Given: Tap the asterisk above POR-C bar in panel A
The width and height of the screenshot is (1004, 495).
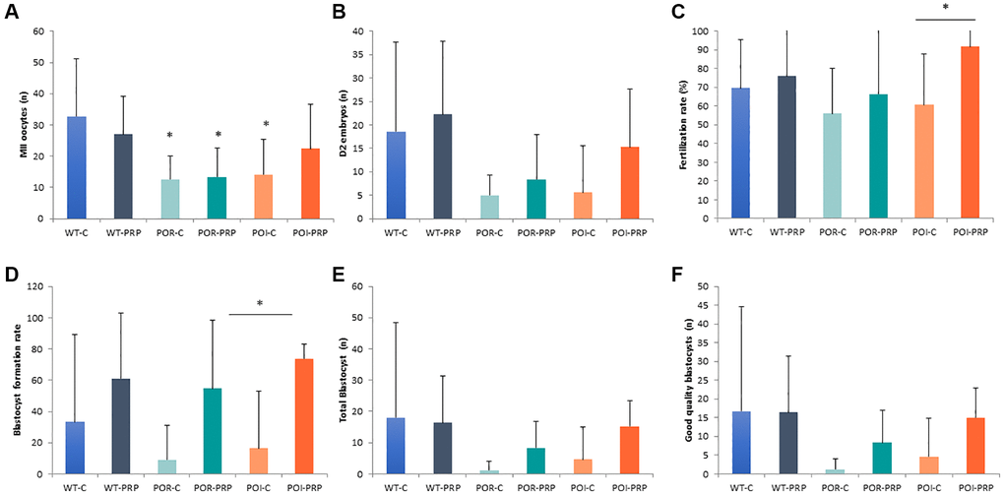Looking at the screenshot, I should [x=170, y=135].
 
